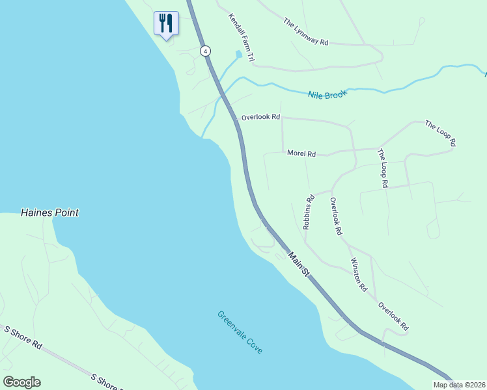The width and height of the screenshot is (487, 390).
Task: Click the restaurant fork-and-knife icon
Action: click(x=166, y=23)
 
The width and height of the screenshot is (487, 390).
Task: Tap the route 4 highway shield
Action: click(x=205, y=51)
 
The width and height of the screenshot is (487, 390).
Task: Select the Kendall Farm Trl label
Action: click(x=241, y=38)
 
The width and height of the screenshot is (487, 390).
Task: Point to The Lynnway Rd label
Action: click(x=306, y=31)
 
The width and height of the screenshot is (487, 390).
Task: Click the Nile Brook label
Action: click(x=327, y=94)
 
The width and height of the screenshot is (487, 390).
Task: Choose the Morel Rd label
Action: click(x=301, y=154)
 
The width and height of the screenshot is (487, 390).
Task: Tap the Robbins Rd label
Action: click(x=309, y=212)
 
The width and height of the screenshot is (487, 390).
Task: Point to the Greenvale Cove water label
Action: click(x=240, y=332)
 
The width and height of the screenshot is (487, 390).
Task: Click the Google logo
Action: click(x=21, y=382)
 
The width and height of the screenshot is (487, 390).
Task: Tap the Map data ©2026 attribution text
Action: click(x=459, y=385)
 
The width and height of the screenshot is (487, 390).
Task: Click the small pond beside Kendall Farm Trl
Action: click(x=239, y=55)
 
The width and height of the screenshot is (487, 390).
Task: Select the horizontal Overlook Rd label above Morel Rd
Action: click(x=260, y=118)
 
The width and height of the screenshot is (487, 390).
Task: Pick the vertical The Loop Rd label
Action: click(x=382, y=168)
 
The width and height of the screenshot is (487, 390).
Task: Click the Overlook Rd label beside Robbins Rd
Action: click(x=336, y=216)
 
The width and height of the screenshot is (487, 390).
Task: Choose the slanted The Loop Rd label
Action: click(x=441, y=133)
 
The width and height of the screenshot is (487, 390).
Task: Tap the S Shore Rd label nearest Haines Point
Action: click(x=23, y=337)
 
